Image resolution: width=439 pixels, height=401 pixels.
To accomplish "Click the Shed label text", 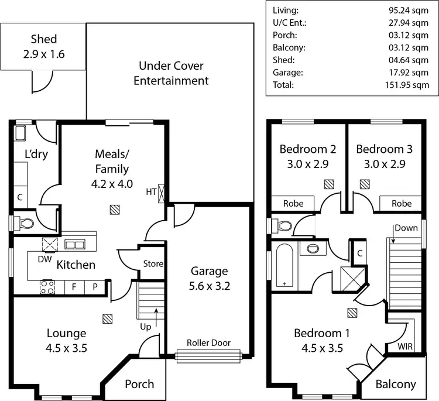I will pyautogui.click(x=44, y=39).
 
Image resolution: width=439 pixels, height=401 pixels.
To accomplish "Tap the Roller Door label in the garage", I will pyautogui.click(x=208, y=342).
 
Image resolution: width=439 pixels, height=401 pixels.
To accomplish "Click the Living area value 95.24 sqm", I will pyautogui.click(x=412, y=10).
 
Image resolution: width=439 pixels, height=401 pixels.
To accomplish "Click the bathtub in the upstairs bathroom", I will pyautogui.click(x=284, y=266).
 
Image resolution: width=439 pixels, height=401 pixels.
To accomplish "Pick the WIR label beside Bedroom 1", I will pyautogui.click(x=404, y=347).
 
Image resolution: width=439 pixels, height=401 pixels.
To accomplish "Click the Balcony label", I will pyautogui.click(x=396, y=385).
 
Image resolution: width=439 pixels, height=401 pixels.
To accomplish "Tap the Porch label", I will pyautogui.click(x=139, y=384).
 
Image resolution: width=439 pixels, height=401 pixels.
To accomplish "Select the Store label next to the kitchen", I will pyautogui.click(x=153, y=264).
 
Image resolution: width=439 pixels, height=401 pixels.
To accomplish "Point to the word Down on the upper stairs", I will pyautogui.click(x=406, y=228).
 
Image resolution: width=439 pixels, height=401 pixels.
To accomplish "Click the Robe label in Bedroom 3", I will pyautogui.click(x=401, y=204).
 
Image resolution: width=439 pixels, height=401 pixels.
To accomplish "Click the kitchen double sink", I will pyautogui.click(x=74, y=244).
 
